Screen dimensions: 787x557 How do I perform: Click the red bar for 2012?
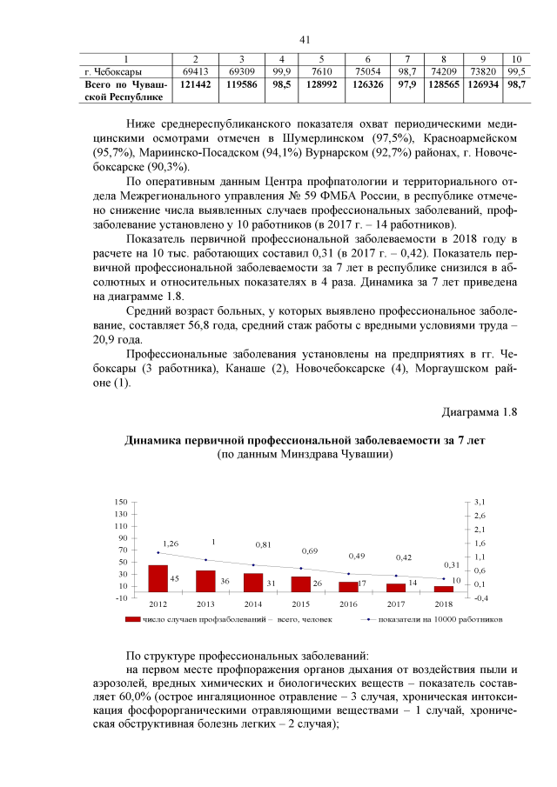(x=158, y=578)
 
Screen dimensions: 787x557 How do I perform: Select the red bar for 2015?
(x=300, y=584)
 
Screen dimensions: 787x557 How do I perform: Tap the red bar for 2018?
(x=443, y=589)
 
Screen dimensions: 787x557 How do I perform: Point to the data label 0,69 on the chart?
(x=310, y=551)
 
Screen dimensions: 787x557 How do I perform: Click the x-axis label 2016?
(x=348, y=604)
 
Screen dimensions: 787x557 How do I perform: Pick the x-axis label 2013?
(x=205, y=604)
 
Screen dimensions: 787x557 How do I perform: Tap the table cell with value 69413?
(x=195, y=71)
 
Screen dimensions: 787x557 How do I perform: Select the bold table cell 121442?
(x=195, y=86)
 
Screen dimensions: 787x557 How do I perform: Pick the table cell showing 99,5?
(x=516, y=71)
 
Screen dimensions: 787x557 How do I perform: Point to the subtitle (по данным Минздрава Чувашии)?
(x=305, y=454)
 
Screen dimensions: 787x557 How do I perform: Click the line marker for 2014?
(x=253, y=565)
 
